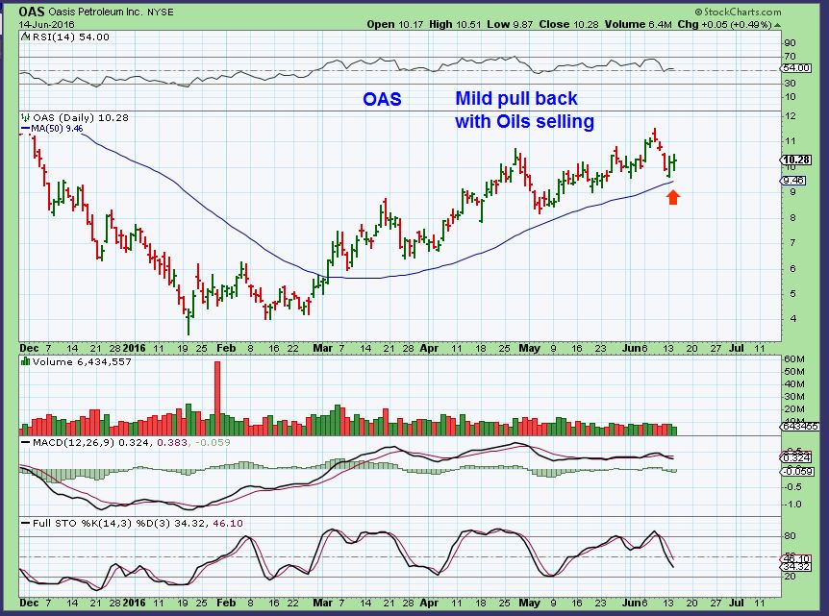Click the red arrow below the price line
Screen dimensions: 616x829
pyautogui.click(x=673, y=197)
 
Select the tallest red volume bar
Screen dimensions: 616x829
pyautogui.click(x=217, y=397)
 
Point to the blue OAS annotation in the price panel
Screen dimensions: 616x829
pyautogui.click(x=382, y=99)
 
